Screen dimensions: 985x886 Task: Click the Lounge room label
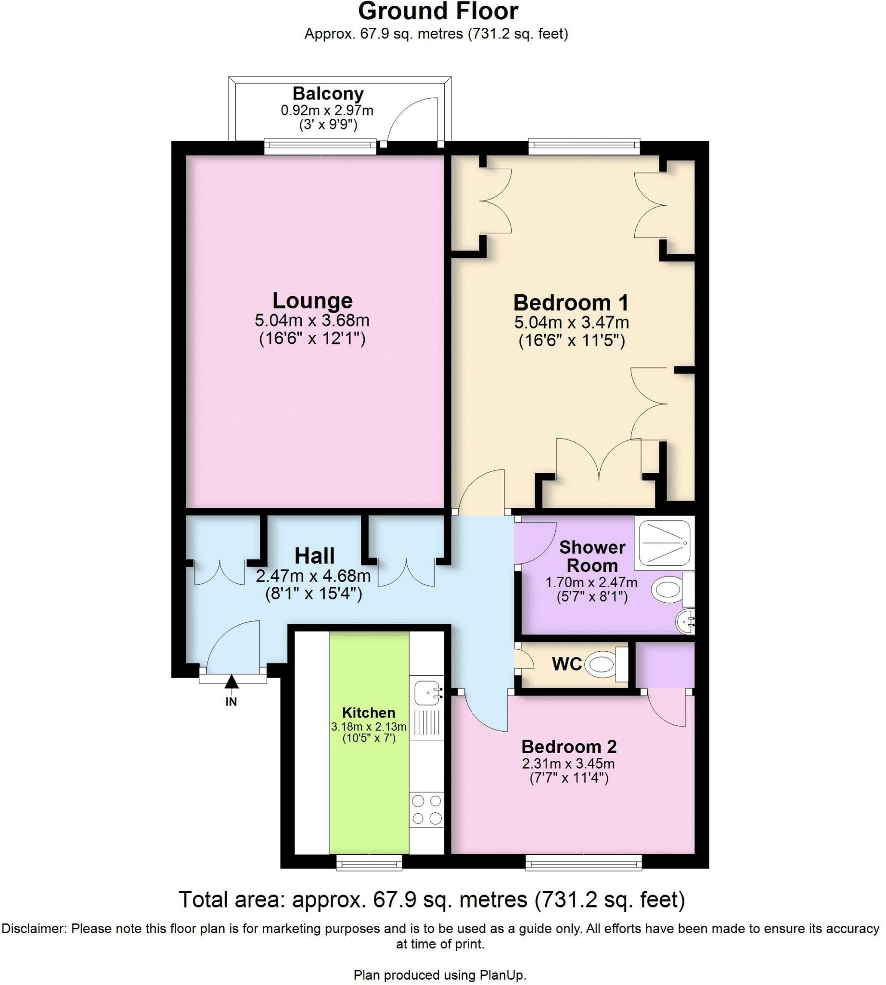click(x=312, y=301)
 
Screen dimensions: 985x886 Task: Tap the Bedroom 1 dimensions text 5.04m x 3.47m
click(x=571, y=323)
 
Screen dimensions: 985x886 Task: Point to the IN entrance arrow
click(x=231, y=682)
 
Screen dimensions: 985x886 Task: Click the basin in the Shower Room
click(x=685, y=622)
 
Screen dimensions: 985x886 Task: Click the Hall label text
click(x=314, y=556)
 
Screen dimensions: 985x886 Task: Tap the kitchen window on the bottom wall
click(x=370, y=863)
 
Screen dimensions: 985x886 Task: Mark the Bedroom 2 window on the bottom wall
click(x=583, y=863)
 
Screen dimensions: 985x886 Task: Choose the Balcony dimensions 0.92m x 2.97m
click(x=327, y=111)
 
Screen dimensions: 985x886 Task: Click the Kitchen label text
click(x=368, y=713)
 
